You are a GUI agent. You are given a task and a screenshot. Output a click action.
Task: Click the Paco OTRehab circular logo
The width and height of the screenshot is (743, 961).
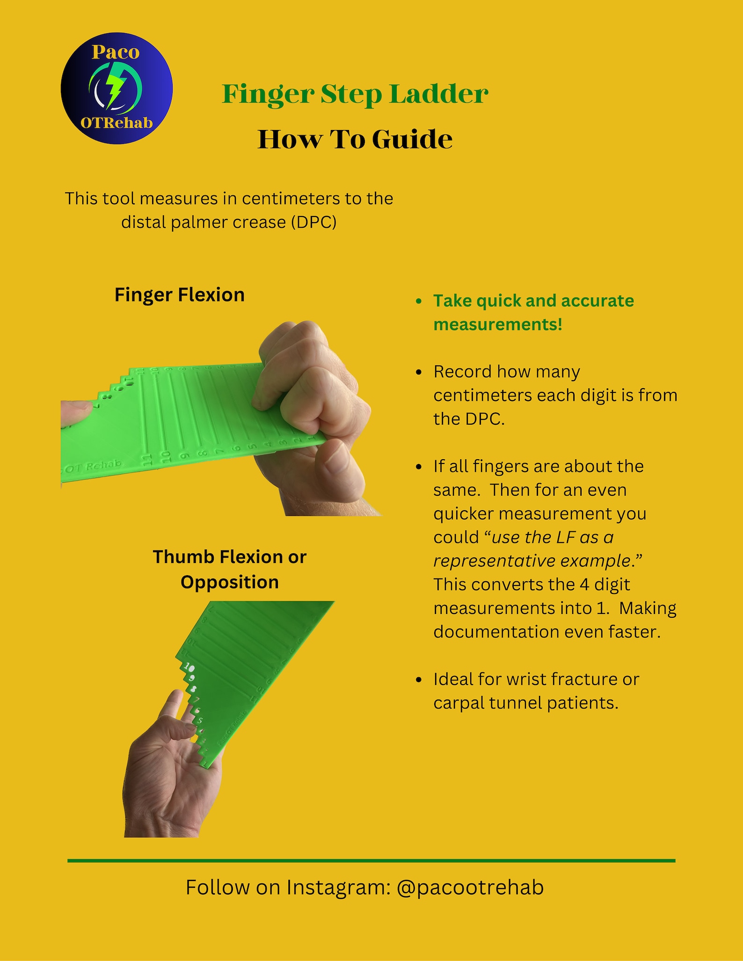[117, 88]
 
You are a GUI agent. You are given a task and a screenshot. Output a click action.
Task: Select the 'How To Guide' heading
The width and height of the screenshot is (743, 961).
[355, 139]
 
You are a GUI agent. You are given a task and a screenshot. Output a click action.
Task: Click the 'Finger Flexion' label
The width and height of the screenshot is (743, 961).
[180, 295]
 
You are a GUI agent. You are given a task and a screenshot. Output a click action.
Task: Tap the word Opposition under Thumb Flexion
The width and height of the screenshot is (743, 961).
[229, 582]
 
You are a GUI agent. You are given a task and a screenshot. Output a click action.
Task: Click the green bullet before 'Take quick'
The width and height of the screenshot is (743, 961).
[419, 301]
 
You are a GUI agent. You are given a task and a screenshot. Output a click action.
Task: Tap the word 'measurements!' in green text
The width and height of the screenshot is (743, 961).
[497, 324]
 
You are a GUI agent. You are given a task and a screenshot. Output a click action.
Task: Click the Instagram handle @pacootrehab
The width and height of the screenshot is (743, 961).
[470, 888]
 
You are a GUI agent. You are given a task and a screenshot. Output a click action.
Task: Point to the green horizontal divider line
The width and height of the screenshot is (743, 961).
[371, 860]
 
